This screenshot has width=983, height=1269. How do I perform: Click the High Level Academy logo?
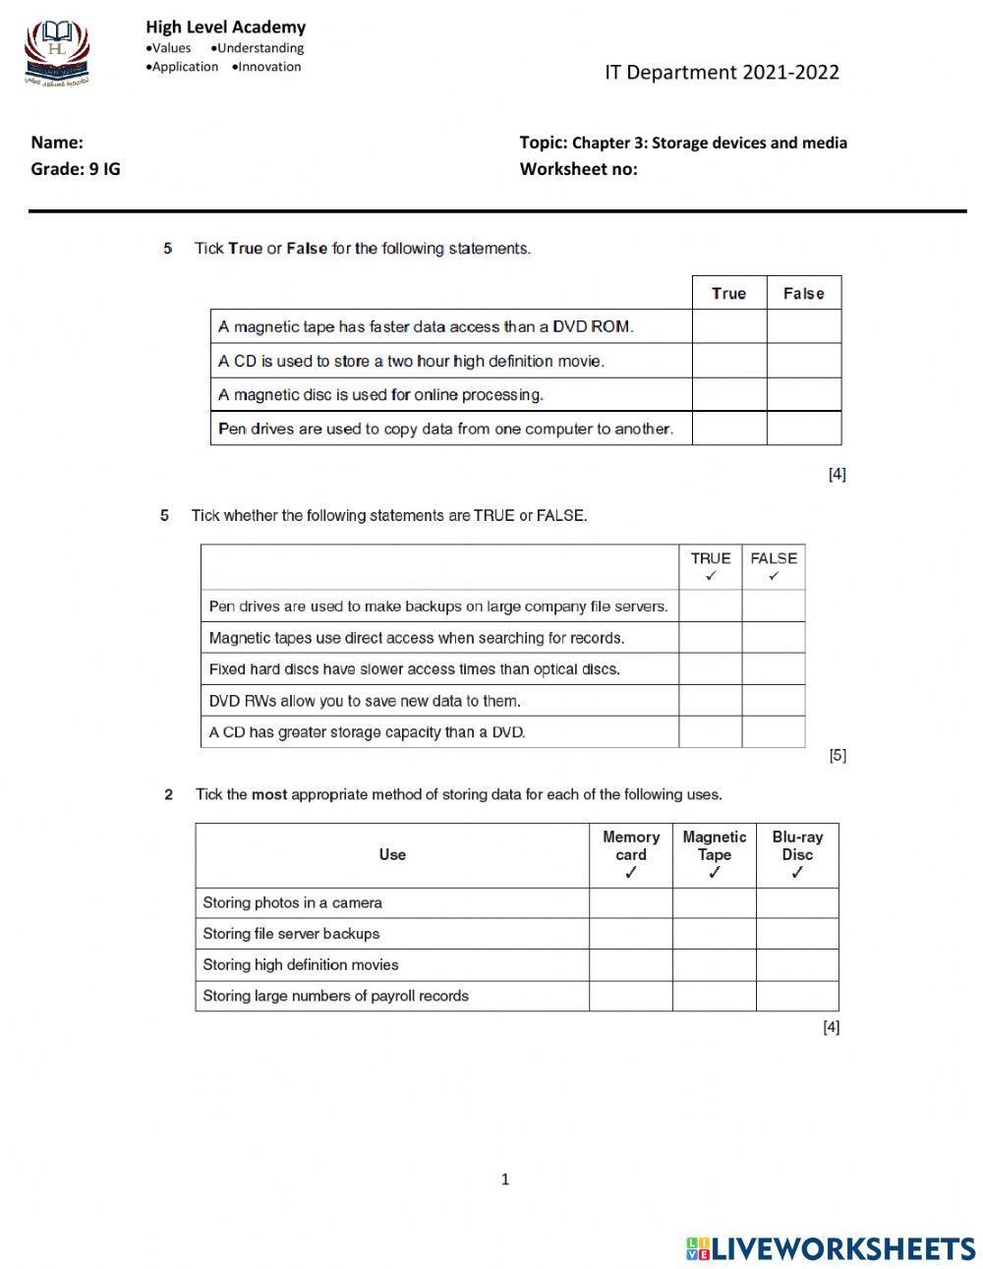coord(57,53)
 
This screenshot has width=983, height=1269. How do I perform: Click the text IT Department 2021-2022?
coord(722,72)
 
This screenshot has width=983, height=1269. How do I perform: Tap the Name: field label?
coord(57,143)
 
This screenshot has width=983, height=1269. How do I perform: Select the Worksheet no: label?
coord(578,168)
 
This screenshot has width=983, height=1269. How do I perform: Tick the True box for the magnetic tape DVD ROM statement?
coord(729,326)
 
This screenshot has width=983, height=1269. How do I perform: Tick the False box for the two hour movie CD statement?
coord(804,361)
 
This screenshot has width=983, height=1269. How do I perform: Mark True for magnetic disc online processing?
coord(729,394)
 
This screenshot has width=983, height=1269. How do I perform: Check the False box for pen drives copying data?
coord(804,429)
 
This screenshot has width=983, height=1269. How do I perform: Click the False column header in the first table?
coord(804,293)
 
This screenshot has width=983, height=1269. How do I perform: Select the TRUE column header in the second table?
coord(711,566)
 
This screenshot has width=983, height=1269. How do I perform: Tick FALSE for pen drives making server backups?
coord(774,606)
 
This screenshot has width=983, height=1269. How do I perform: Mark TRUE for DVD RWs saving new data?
coord(711,701)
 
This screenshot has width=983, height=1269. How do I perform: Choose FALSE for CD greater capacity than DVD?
coord(774,732)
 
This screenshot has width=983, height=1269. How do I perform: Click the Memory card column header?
coord(631,854)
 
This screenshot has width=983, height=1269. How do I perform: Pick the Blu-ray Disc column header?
coord(797,854)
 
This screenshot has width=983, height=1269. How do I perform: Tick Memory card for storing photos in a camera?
coord(631,902)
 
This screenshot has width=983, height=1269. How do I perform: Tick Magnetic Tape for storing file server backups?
coord(715,934)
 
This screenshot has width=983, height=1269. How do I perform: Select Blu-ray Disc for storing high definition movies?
coord(797,964)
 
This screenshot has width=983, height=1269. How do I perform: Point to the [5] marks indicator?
coord(837,755)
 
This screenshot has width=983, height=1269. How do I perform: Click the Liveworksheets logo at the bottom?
coord(830,1248)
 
